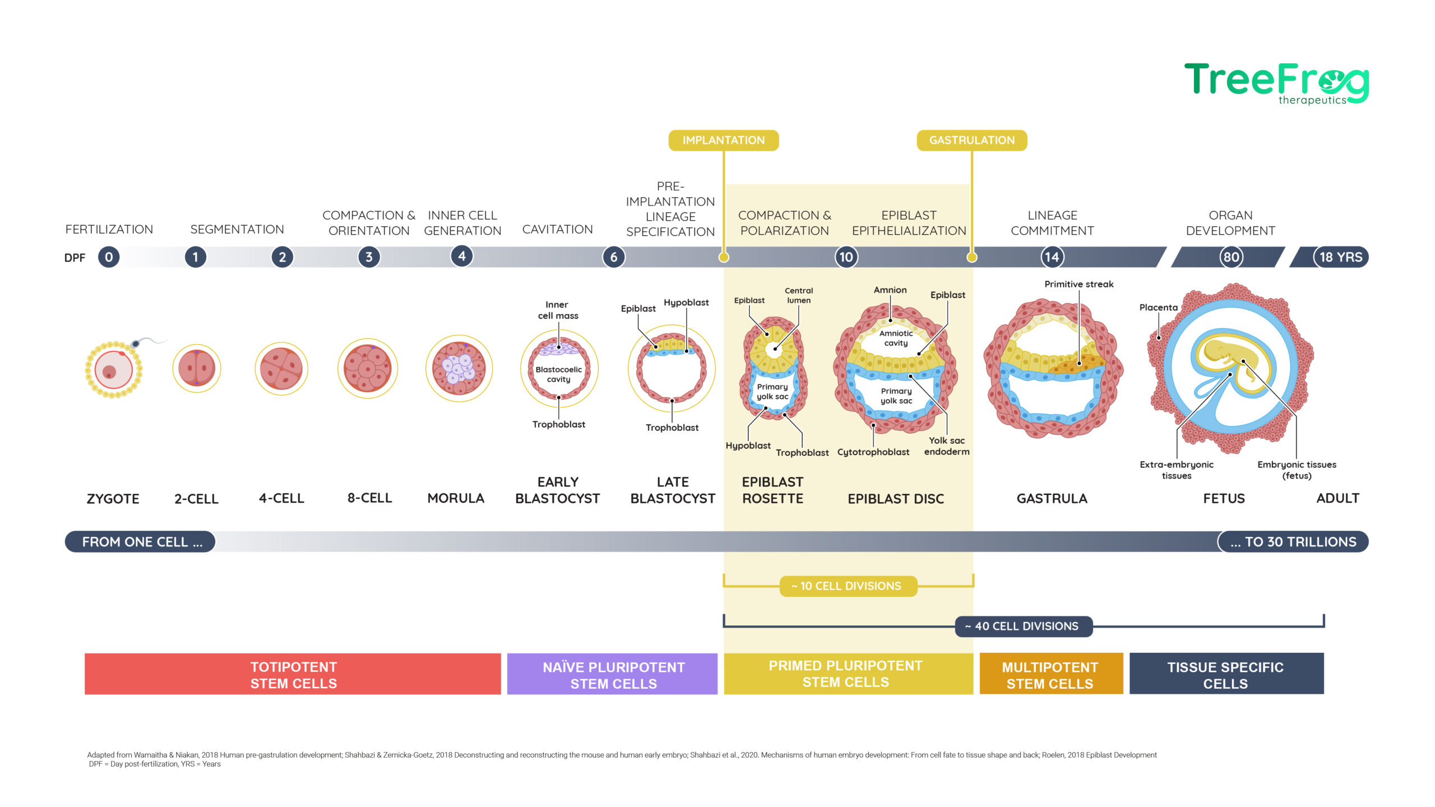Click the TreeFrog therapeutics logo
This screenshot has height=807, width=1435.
(x=1276, y=84)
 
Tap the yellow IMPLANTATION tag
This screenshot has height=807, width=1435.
(x=723, y=140)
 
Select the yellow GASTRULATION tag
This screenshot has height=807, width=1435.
(x=971, y=140)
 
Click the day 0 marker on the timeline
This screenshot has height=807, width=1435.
(x=109, y=257)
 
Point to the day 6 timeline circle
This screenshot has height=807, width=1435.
(x=614, y=257)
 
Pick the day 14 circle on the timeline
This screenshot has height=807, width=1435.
(x=1052, y=257)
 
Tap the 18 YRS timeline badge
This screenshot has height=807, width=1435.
(x=1340, y=257)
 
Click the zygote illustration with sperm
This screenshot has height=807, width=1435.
(x=121, y=368)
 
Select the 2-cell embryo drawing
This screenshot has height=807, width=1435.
(x=196, y=368)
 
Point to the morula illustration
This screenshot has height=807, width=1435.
(x=459, y=368)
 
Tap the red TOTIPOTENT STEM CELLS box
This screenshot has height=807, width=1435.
(x=293, y=674)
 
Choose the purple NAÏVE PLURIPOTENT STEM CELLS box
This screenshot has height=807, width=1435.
(x=612, y=674)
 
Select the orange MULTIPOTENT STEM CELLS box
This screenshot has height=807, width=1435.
(x=1051, y=674)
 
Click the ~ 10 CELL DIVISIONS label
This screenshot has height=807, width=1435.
(x=848, y=586)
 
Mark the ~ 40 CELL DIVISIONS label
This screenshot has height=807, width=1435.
(x=1024, y=626)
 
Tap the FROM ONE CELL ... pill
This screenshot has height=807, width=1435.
(x=140, y=542)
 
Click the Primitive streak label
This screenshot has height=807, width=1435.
(x=1079, y=284)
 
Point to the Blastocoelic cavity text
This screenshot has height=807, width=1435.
(x=558, y=374)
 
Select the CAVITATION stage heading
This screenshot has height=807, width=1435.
(x=557, y=229)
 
